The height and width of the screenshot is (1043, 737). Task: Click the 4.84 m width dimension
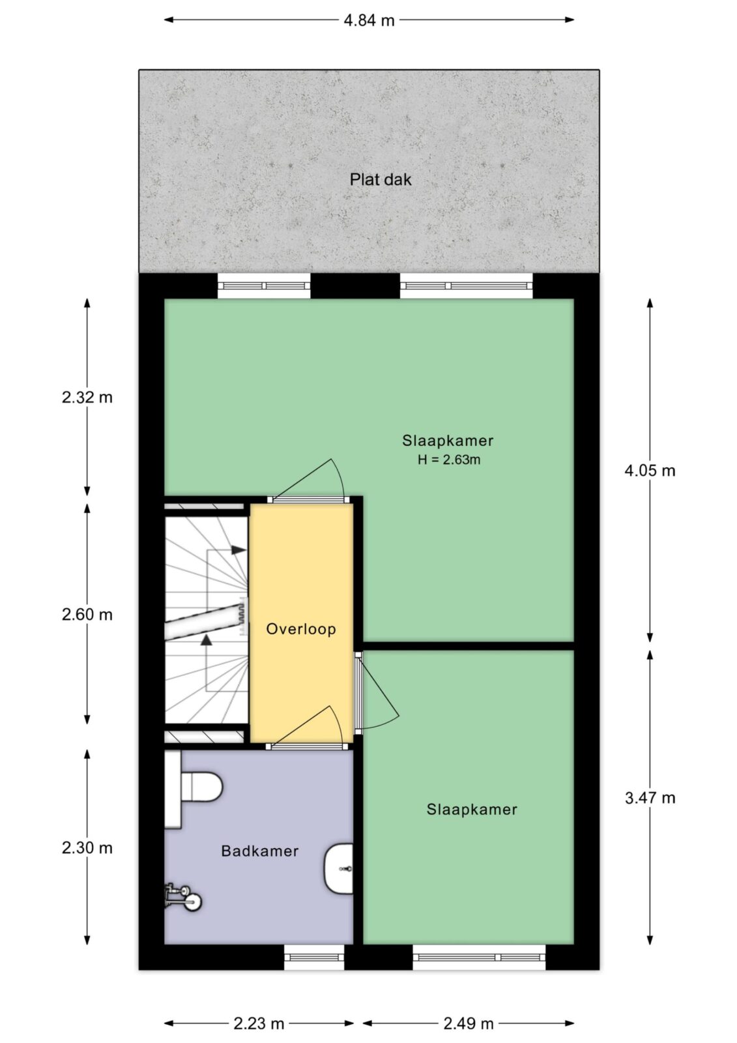[x=369, y=20]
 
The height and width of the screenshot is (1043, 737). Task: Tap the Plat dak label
[x=381, y=179]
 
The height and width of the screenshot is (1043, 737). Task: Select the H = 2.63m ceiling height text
[x=449, y=460]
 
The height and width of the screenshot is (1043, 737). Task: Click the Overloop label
[x=301, y=629]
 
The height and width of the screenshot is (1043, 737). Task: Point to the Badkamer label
[x=259, y=851]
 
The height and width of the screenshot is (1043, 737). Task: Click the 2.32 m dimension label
[x=87, y=397]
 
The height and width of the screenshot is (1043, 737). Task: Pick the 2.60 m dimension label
[x=87, y=615]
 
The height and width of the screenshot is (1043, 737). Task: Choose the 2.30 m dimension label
[x=87, y=848]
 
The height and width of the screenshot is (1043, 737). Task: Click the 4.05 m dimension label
[x=650, y=471]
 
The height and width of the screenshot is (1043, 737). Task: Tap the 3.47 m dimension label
[x=650, y=798]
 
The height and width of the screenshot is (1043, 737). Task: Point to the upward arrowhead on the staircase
[x=207, y=639]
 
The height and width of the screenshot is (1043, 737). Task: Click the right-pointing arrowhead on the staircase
[x=239, y=550]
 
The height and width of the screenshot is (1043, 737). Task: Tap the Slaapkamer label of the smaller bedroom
[x=472, y=809]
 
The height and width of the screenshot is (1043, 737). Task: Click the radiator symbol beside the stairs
[x=242, y=615]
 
